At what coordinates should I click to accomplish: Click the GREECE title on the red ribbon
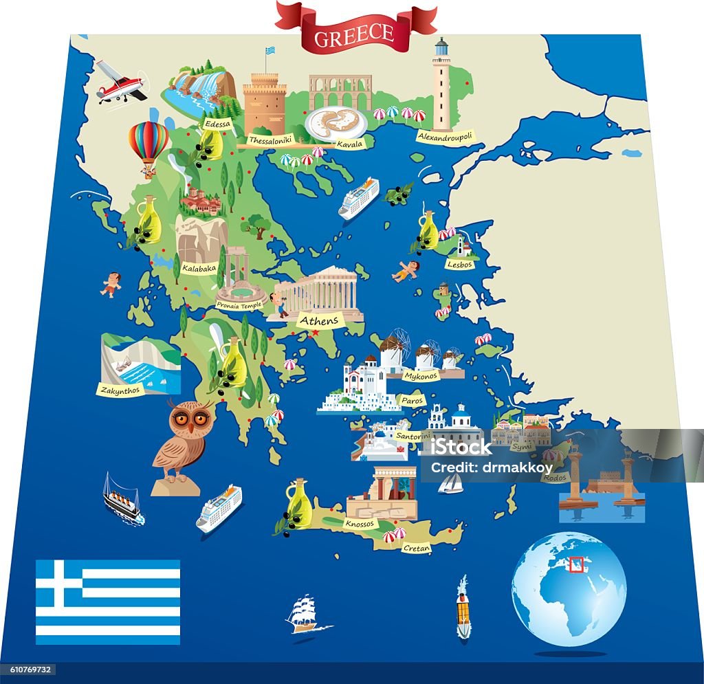[x=354, y=34]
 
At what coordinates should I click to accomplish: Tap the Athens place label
[x=319, y=320]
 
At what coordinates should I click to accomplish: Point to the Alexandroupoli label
[x=445, y=136]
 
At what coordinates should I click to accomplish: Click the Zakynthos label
[x=120, y=390]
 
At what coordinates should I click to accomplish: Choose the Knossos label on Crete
[x=361, y=524]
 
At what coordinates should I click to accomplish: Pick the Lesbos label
[x=459, y=264]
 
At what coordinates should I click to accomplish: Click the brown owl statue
[x=180, y=440]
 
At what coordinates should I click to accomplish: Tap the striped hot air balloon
[x=148, y=144]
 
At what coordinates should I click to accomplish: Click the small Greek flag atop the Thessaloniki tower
[x=270, y=52]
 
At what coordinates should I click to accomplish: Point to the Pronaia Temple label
[x=239, y=305]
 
